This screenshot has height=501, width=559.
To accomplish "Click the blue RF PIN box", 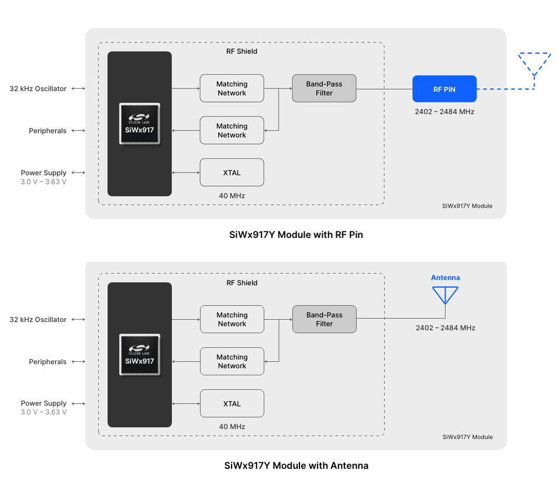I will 444,89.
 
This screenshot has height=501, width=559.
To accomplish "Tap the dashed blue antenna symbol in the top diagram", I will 534,64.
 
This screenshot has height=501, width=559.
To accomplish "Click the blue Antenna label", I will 445,278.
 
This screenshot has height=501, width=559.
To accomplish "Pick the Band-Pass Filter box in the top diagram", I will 324,88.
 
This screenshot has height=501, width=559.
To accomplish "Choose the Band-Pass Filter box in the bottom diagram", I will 324,319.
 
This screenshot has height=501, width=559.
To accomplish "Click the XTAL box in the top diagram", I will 232,172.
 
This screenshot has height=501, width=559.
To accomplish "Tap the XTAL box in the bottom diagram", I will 232,403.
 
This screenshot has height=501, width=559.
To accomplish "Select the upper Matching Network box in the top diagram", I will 232,88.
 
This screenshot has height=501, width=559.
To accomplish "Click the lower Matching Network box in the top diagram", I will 232,130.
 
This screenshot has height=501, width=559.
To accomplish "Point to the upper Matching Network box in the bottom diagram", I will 232,319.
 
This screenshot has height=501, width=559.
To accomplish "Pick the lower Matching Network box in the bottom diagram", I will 232,361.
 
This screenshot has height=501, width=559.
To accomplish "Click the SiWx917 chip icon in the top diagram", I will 139,124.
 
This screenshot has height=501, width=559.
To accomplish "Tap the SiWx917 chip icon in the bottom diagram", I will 139,355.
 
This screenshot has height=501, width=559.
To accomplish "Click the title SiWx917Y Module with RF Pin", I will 296,235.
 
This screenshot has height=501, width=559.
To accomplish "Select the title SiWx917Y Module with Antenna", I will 296,466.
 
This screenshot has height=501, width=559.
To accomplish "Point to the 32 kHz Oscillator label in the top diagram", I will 38,89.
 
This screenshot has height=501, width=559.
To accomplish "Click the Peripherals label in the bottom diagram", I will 47,362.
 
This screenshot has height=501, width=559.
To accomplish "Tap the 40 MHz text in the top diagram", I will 232,196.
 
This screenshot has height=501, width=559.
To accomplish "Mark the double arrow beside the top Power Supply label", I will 78,173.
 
